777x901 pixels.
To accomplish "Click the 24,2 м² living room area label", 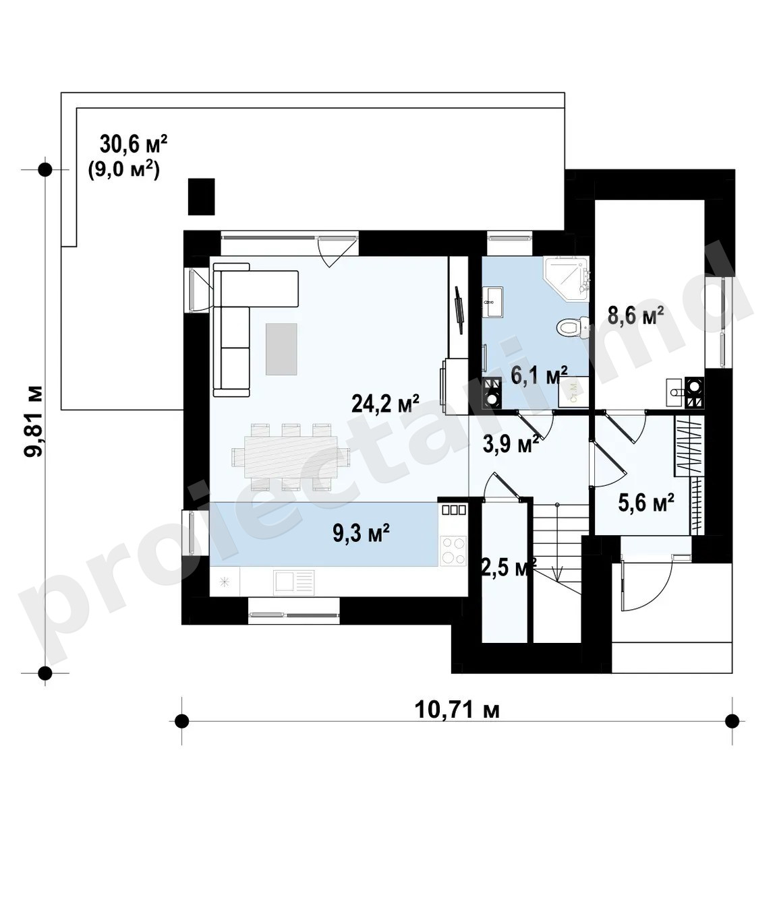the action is coord(385,404).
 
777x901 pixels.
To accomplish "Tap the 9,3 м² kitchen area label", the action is coord(362,533).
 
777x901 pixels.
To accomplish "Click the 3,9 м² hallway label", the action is coord(511,445).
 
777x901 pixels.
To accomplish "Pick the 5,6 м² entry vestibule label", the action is coord(646,503).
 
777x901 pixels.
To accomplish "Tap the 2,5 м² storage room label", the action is coord(509,568).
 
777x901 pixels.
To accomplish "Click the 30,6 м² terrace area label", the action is coord(134,144).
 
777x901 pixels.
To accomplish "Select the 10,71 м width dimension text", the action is coord(457,710).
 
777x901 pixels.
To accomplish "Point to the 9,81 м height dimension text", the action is coord(34,421).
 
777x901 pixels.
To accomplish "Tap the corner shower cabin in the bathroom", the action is coord(567,279).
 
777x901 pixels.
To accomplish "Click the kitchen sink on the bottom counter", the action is coord(293,583).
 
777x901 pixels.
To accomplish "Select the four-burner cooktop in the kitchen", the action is coord(453,551).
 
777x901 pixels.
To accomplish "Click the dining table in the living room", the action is coord(291,457).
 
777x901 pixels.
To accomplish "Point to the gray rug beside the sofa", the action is coord(281,348).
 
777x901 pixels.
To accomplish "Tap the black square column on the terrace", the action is coord(201,197).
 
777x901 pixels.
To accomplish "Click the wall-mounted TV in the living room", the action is coord(458,310).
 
